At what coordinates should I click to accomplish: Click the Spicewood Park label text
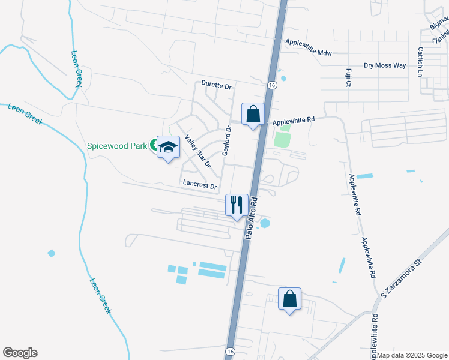117,145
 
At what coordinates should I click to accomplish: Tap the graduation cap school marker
168,147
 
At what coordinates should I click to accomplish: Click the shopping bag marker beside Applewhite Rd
253,113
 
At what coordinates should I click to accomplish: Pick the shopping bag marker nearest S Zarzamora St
289,298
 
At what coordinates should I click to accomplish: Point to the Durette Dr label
216,86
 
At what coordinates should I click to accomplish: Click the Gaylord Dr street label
227,141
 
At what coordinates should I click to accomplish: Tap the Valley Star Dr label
198,151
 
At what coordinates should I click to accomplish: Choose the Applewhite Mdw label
308,53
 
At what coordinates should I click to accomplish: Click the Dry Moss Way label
385,65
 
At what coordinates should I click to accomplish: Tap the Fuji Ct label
348,77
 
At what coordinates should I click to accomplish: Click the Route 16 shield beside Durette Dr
272,85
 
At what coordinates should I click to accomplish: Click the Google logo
20,353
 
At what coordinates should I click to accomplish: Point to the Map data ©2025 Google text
412,355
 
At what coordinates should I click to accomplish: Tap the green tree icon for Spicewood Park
154,145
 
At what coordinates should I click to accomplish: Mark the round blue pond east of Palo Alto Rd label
265,223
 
